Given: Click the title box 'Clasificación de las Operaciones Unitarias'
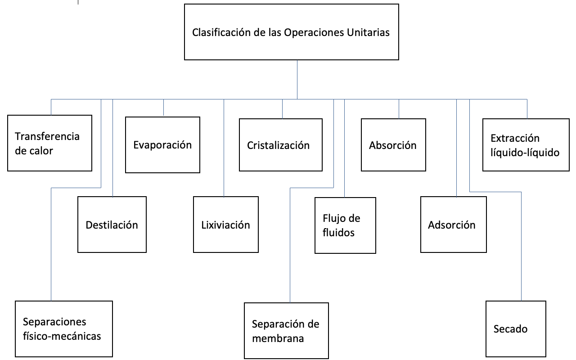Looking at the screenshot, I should point(292,32).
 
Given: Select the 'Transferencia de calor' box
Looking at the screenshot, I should point(49,143).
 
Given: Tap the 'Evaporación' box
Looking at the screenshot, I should point(162,145).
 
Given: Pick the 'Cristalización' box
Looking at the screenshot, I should point(281,145).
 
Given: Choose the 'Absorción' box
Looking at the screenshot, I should point(393,145).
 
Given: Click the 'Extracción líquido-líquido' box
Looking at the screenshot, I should point(526,145).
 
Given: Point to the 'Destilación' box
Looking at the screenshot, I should point(112,225).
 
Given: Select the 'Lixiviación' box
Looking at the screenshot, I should point(226,225).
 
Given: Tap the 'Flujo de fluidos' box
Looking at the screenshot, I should point(345,225).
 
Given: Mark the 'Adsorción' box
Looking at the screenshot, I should point(454,225).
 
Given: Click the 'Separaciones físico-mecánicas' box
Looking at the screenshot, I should point(63,329).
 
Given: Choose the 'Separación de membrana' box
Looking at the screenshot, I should point(286,331).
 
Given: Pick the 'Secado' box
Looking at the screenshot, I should point(516,329).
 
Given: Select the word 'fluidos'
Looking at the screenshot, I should point(339,233).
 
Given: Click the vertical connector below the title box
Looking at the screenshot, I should point(297,79).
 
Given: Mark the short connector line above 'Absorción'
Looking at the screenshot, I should point(399,109).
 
